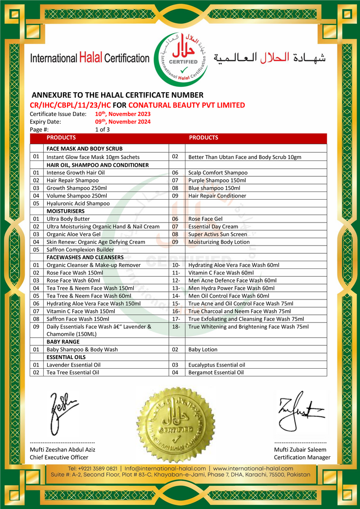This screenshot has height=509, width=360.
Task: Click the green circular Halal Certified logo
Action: tap(181, 58)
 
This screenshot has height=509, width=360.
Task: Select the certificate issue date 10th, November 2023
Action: tap(122, 114)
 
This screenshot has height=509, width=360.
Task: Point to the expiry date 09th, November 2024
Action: tap(122, 122)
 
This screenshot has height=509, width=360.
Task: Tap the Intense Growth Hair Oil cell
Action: tap(76, 173)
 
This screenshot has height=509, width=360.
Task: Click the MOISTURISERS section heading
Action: tap(65, 211)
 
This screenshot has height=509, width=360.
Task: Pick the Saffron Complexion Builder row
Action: tap(80, 250)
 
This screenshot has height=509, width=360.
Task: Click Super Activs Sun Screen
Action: tap(217, 234)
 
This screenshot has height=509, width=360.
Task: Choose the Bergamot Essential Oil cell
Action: tap(216, 372)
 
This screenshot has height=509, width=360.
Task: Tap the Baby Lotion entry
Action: tap(202, 349)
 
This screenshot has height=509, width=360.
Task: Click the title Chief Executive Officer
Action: tap(59, 457)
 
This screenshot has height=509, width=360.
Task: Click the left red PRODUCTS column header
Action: tap(61, 138)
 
